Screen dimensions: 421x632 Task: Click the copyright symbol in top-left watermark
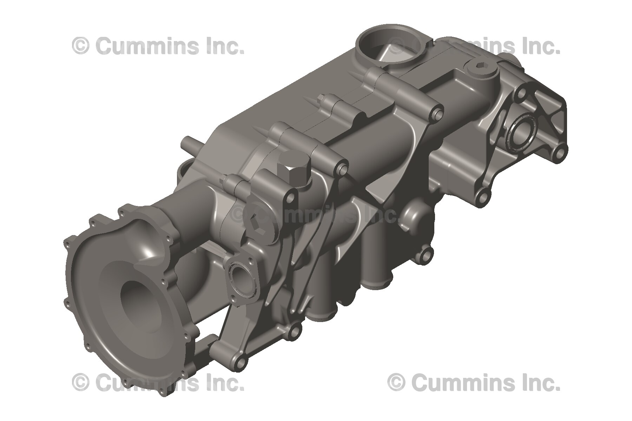[80, 46]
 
